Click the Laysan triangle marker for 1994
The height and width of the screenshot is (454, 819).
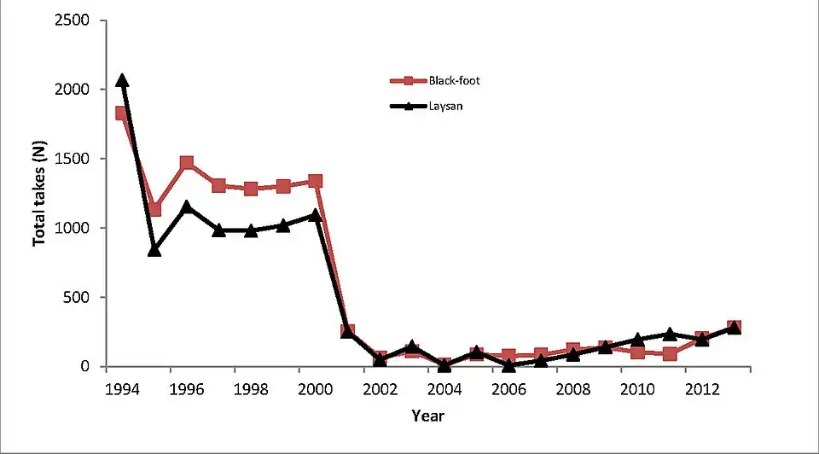point(122,80)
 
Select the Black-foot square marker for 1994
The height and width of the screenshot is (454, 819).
point(122,113)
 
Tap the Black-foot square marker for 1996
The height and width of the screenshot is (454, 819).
point(187,163)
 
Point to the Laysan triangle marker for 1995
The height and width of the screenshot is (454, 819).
point(154,249)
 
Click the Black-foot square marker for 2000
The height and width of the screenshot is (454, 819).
point(316,181)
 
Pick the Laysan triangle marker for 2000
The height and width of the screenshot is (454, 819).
point(316,215)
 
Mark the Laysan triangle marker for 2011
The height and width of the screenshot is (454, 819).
point(670,334)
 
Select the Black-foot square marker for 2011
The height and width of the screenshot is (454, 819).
point(670,353)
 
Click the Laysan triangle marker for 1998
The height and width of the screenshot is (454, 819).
point(251,230)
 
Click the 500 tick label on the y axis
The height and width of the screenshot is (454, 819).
point(82,298)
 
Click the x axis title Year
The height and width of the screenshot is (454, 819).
point(427,416)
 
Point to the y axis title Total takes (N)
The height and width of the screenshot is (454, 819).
point(39,194)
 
